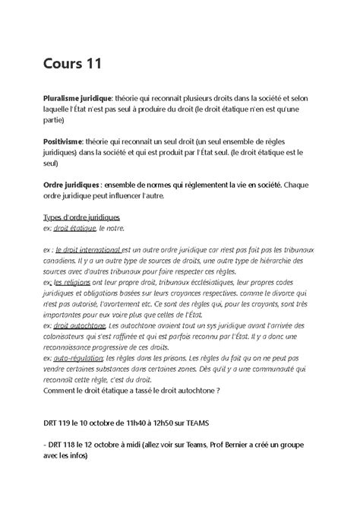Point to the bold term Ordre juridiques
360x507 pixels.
pyautogui.click(x=73, y=184)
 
